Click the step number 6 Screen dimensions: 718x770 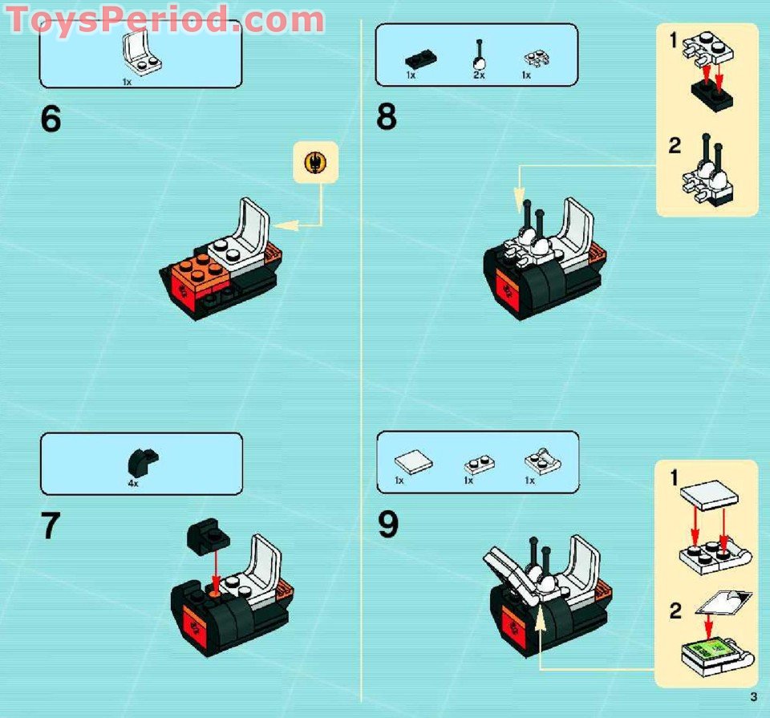coord(51,119)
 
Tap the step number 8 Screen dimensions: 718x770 coord(387,119)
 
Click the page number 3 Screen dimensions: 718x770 coord(753,696)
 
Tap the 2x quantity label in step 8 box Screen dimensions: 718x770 coord(479,75)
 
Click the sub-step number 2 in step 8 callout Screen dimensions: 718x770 coord(675,146)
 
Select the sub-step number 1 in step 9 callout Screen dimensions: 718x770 coord(675,479)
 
